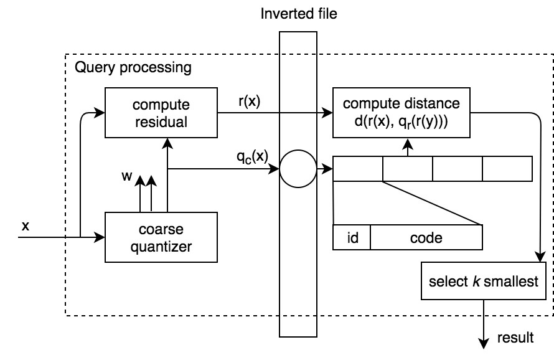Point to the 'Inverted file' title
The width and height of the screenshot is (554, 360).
coord(299,12)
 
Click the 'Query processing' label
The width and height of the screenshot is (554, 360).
coord(133,67)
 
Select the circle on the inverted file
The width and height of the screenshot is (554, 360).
coord(299,169)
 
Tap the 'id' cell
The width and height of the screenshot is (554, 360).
coord(352,237)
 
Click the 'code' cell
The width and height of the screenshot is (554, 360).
coord(426,237)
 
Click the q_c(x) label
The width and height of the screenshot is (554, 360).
coord(252,156)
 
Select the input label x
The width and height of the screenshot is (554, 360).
coord(25,227)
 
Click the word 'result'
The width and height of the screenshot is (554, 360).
coord(516,338)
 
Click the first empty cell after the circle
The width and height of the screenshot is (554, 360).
coord(358,169)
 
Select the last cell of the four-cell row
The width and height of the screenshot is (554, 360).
coord(507,169)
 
